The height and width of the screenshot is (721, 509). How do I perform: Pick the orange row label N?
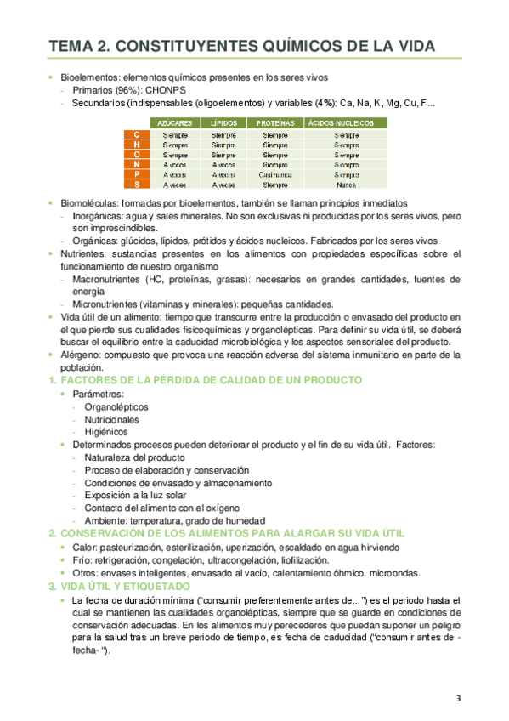tap(136, 165)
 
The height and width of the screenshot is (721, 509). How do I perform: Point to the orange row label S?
tap(136, 185)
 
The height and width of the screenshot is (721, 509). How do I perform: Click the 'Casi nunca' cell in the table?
tap(275, 175)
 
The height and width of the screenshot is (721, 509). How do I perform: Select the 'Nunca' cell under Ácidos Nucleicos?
tap(346, 185)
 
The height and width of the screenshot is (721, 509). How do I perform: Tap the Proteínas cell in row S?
tap(275, 185)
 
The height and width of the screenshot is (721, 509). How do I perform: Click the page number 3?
tap(458, 699)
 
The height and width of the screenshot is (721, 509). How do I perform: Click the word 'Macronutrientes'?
tap(111, 278)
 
